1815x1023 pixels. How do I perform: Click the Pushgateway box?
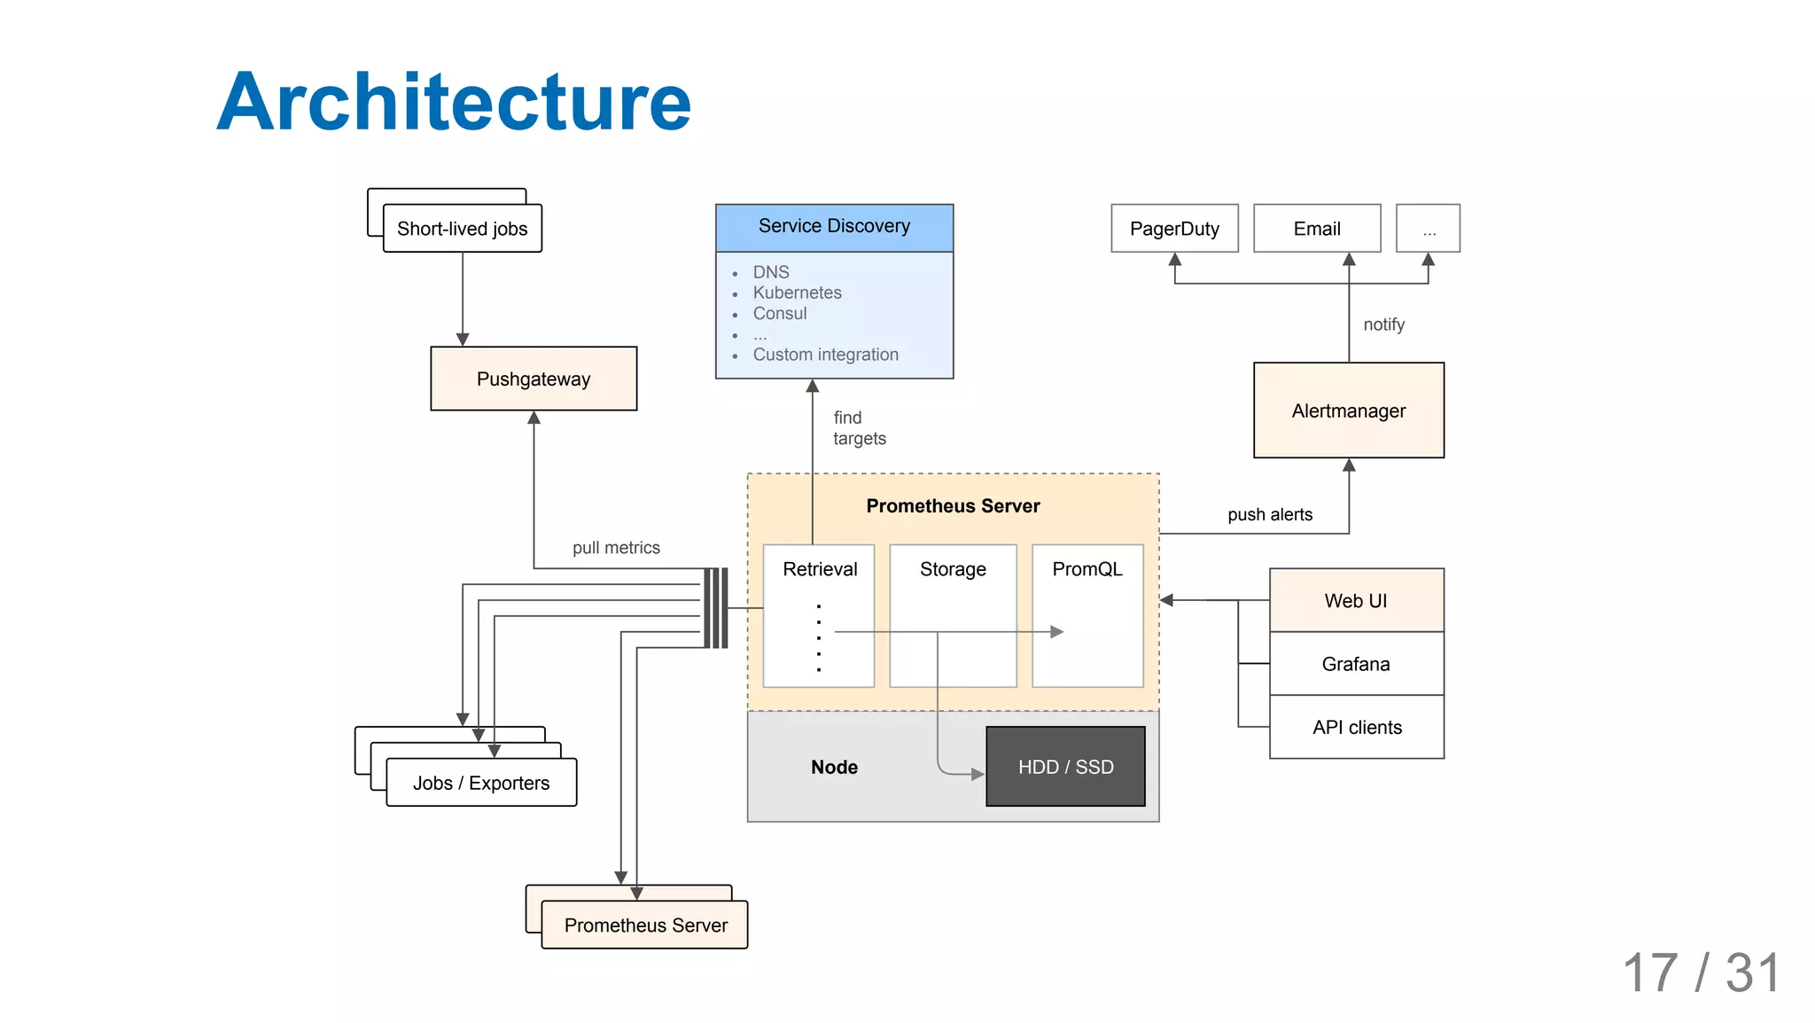pos(534,379)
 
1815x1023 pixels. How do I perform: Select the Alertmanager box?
pos(1348,410)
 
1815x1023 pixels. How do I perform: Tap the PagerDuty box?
pos(1174,229)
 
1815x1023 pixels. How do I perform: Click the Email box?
pos(1317,229)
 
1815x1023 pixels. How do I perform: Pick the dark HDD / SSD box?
pos(1065,767)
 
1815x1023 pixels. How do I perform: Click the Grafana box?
pos(1356,664)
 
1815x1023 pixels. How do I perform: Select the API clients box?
pos(1356,728)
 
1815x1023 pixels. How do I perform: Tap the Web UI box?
pos(1356,600)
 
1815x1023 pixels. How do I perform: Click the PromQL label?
pos(1087,569)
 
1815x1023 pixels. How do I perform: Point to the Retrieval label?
pos(820,569)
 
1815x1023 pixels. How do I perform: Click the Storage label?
pos(953,569)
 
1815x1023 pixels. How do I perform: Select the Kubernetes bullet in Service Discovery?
pos(797,293)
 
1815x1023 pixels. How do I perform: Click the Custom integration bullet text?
pos(825,355)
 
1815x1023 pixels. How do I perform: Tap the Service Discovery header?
pos(834,226)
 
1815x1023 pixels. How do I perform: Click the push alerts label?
pos(1269,515)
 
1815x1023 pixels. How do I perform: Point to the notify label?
pos(1383,324)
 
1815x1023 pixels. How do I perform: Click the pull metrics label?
pos(616,548)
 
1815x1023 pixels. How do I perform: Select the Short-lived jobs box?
pos(462,229)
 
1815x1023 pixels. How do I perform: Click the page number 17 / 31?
pos(1701,972)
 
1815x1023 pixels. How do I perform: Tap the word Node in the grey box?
pos(834,767)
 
